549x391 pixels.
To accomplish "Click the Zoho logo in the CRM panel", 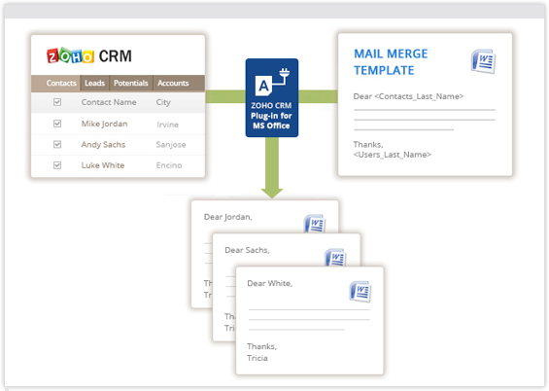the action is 70,55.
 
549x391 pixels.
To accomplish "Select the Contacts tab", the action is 61,83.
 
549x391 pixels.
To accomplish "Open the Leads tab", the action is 94,83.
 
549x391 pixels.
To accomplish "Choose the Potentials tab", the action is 130,83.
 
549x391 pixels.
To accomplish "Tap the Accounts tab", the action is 173,83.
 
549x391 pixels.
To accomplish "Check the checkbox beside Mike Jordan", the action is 57,124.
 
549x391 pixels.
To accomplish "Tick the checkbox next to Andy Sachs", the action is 57,144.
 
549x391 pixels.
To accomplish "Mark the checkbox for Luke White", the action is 57,165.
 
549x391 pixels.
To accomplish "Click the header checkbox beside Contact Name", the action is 57,102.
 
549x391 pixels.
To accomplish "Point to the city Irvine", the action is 168,124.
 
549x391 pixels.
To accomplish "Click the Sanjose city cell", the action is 171,145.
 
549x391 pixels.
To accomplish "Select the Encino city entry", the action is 169,165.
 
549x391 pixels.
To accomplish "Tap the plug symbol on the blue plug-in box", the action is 284,74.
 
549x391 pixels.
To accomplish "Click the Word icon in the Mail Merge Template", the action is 484,61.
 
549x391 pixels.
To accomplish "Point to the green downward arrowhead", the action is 272,194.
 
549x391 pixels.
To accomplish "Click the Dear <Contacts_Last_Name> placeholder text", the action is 409,96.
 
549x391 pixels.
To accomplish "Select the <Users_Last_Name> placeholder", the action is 393,155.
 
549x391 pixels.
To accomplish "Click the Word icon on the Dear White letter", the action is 360,291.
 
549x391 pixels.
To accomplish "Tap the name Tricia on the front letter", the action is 257,358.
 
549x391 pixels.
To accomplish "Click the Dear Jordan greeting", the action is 228,217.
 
